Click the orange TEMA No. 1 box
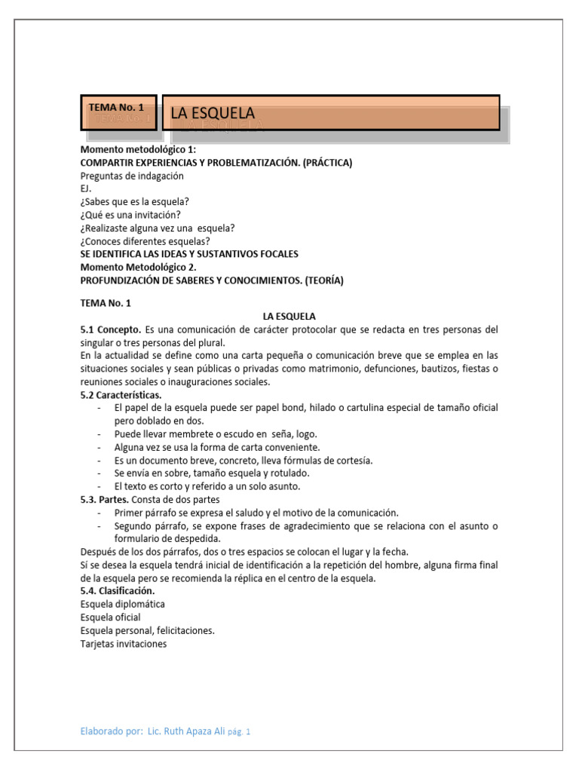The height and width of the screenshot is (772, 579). pos(119,112)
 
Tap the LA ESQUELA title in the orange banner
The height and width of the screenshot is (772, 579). pos(213,113)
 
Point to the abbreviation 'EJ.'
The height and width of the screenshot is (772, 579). pos(86,188)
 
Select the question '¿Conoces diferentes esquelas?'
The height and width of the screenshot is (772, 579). pos(145,241)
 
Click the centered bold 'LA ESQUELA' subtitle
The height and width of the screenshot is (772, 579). pos(289,316)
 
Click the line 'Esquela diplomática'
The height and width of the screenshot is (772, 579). pos(123,604)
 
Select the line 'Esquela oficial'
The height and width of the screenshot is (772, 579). pos(111,617)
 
